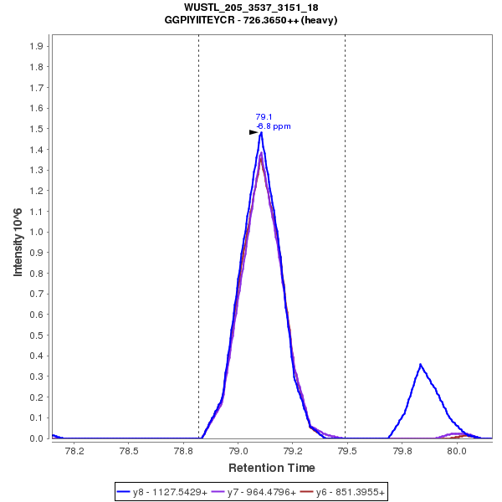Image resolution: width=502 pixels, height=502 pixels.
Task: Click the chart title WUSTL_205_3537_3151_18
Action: (251, 8)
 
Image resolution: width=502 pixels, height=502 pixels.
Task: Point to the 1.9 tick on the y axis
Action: (36, 46)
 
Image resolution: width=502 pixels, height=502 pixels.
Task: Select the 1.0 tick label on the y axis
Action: (36, 232)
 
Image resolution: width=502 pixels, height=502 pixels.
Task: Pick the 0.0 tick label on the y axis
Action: (36, 438)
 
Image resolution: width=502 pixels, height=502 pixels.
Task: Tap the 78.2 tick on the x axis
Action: (74, 450)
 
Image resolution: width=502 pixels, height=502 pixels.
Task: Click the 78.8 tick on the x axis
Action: (184, 450)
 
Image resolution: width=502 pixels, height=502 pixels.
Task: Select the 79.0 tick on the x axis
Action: (239, 450)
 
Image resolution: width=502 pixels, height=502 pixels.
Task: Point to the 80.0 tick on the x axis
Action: (457, 450)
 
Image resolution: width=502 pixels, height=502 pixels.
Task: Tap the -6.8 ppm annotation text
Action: (273, 126)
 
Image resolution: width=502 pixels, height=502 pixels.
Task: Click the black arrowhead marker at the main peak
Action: (254, 132)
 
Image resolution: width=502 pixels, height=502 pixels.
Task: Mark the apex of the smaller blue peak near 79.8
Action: (420, 364)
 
